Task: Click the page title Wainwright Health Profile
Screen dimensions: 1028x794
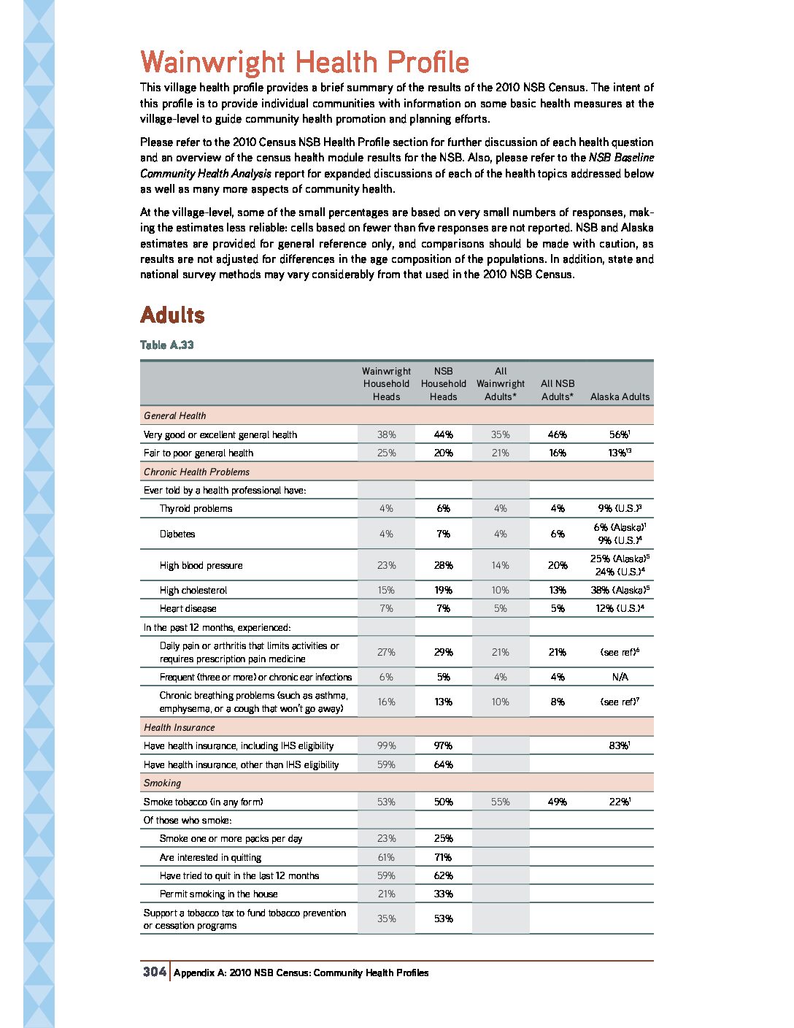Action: [304, 62]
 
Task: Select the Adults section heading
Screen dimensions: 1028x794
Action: [172, 315]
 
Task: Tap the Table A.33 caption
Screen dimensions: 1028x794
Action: [167, 345]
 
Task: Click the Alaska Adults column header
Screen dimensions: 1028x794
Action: [620, 396]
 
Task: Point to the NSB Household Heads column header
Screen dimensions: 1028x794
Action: [443, 384]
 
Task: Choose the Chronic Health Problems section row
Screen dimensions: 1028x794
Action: [196, 472]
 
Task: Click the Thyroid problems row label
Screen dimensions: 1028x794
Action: [196, 508]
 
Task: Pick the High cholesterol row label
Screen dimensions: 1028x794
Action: [193, 590]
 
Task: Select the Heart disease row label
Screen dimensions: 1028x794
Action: [188, 608]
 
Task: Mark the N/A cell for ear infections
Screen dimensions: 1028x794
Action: [620, 677]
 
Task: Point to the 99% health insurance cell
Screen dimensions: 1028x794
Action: [386, 745]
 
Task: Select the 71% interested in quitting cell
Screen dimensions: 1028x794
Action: [443, 857]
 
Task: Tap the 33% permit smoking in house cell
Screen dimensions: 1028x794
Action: [443, 894]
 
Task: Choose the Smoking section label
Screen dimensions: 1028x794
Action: [162, 783]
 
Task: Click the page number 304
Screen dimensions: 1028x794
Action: [154, 972]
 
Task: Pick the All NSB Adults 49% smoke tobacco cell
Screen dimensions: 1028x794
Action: [558, 802]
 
